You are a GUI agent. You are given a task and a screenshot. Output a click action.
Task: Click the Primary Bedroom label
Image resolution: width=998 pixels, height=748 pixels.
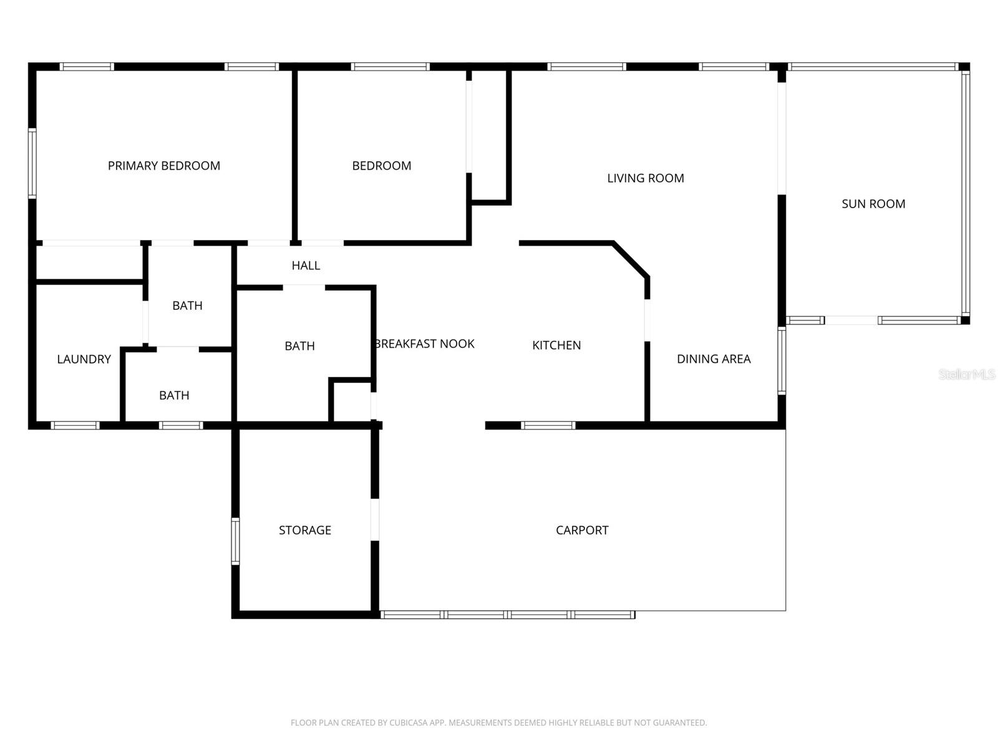click(164, 166)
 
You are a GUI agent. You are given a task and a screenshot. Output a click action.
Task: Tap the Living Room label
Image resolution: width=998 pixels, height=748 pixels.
click(646, 178)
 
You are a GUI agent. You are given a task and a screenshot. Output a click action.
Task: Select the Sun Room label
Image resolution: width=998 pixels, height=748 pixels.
click(873, 204)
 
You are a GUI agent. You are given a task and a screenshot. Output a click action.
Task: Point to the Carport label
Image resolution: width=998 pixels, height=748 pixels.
click(582, 530)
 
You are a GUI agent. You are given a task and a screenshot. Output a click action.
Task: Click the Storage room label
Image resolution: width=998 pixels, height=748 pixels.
click(305, 530)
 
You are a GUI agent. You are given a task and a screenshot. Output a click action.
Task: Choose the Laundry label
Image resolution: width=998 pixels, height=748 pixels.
click(84, 360)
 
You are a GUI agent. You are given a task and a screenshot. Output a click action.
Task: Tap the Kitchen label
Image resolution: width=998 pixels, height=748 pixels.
click(556, 345)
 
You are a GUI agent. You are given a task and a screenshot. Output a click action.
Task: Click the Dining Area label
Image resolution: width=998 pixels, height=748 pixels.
click(714, 359)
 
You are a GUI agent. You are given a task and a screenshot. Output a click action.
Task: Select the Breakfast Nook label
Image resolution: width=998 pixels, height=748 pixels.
click(425, 344)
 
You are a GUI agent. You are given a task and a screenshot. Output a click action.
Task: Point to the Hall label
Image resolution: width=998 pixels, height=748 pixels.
click(306, 266)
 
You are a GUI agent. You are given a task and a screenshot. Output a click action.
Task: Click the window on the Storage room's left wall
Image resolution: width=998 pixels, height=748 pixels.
click(235, 541)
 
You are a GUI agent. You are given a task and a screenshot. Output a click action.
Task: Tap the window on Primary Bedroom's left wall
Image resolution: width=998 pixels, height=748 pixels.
click(32, 163)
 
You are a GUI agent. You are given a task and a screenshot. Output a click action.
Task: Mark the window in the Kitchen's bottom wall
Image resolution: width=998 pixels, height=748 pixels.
click(548, 426)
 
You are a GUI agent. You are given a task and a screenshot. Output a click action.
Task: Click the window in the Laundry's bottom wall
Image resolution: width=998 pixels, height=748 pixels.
click(75, 426)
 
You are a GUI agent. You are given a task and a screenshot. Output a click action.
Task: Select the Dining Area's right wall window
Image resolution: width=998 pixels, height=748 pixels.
click(782, 361)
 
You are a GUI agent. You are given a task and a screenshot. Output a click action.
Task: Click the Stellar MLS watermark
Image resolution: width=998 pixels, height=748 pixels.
click(966, 375)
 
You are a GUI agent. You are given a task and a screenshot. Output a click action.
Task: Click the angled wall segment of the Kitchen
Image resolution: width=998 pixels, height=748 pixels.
click(631, 259)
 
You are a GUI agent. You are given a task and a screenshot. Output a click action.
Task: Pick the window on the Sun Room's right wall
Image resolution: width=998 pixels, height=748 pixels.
click(966, 193)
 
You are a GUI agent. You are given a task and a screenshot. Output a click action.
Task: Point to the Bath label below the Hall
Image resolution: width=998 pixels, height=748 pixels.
click(299, 347)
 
